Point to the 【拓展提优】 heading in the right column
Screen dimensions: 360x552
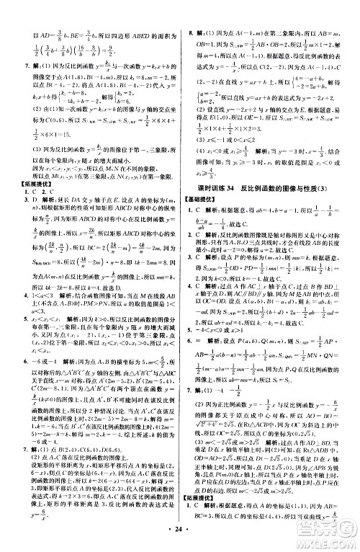(203, 506)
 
